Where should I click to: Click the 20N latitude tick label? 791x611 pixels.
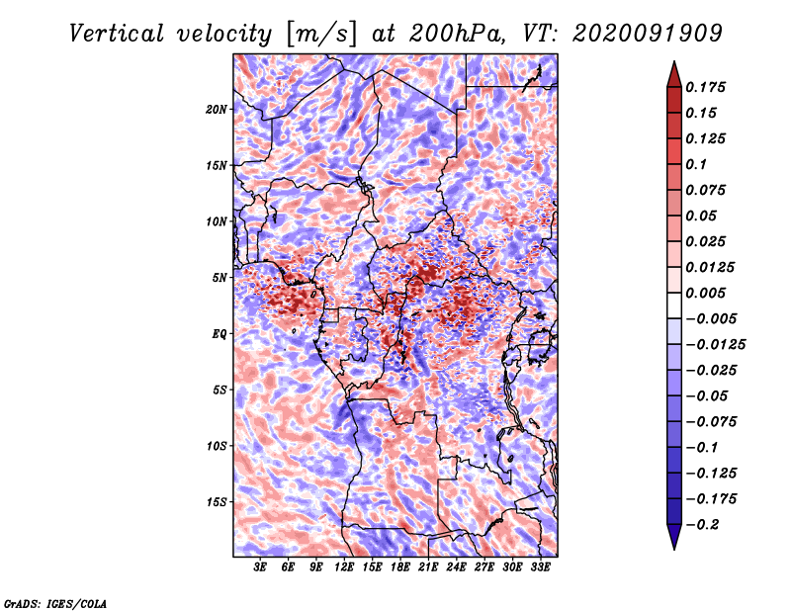(217, 110)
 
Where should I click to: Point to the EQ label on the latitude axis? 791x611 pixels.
(220, 334)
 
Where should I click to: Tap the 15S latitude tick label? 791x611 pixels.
(217, 502)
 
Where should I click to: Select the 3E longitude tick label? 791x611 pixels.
(260, 567)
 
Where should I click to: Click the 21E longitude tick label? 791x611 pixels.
(428, 567)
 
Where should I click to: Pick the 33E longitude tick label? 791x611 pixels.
(540, 567)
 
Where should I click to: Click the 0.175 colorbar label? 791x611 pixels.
(706, 87)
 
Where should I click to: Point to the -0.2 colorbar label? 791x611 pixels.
(702, 525)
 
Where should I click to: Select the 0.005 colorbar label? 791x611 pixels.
(706, 293)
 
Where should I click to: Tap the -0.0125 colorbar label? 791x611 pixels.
(715, 345)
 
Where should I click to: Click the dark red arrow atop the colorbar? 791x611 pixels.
(674, 74)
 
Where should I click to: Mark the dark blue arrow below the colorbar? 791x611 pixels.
(674, 537)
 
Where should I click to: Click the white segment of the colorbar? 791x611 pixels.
(674, 305)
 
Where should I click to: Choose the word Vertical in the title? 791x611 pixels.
(117, 34)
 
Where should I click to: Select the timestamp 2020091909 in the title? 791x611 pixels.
(648, 34)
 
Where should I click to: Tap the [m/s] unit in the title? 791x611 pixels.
(321, 35)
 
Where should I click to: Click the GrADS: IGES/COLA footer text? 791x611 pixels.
(55, 603)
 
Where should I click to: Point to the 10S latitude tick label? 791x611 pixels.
(217, 447)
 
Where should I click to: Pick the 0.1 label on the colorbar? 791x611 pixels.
(697, 164)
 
